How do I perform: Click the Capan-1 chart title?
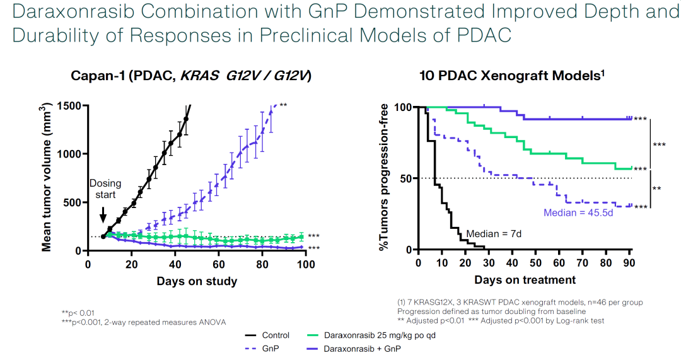point(190,76)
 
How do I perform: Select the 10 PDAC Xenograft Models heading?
point(512,76)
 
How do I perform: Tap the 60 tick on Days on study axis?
point(218,264)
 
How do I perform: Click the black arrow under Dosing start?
point(103,215)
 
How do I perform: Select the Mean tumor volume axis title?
point(47,178)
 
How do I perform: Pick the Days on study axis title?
point(197,281)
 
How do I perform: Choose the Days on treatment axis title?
point(525,279)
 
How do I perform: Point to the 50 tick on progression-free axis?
point(408,178)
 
